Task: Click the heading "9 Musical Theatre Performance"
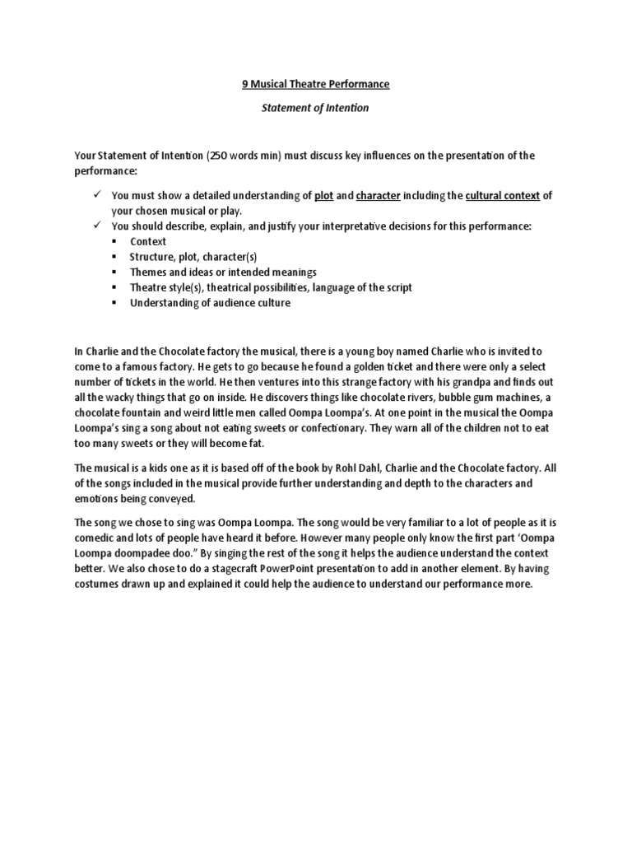point(316,84)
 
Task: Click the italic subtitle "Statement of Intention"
point(316,107)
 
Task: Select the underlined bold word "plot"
point(323,196)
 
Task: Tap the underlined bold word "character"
point(379,196)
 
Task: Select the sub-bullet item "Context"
point(148,241)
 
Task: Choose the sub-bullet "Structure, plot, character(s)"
point(193,257)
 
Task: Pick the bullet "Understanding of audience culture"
point(210,302)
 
